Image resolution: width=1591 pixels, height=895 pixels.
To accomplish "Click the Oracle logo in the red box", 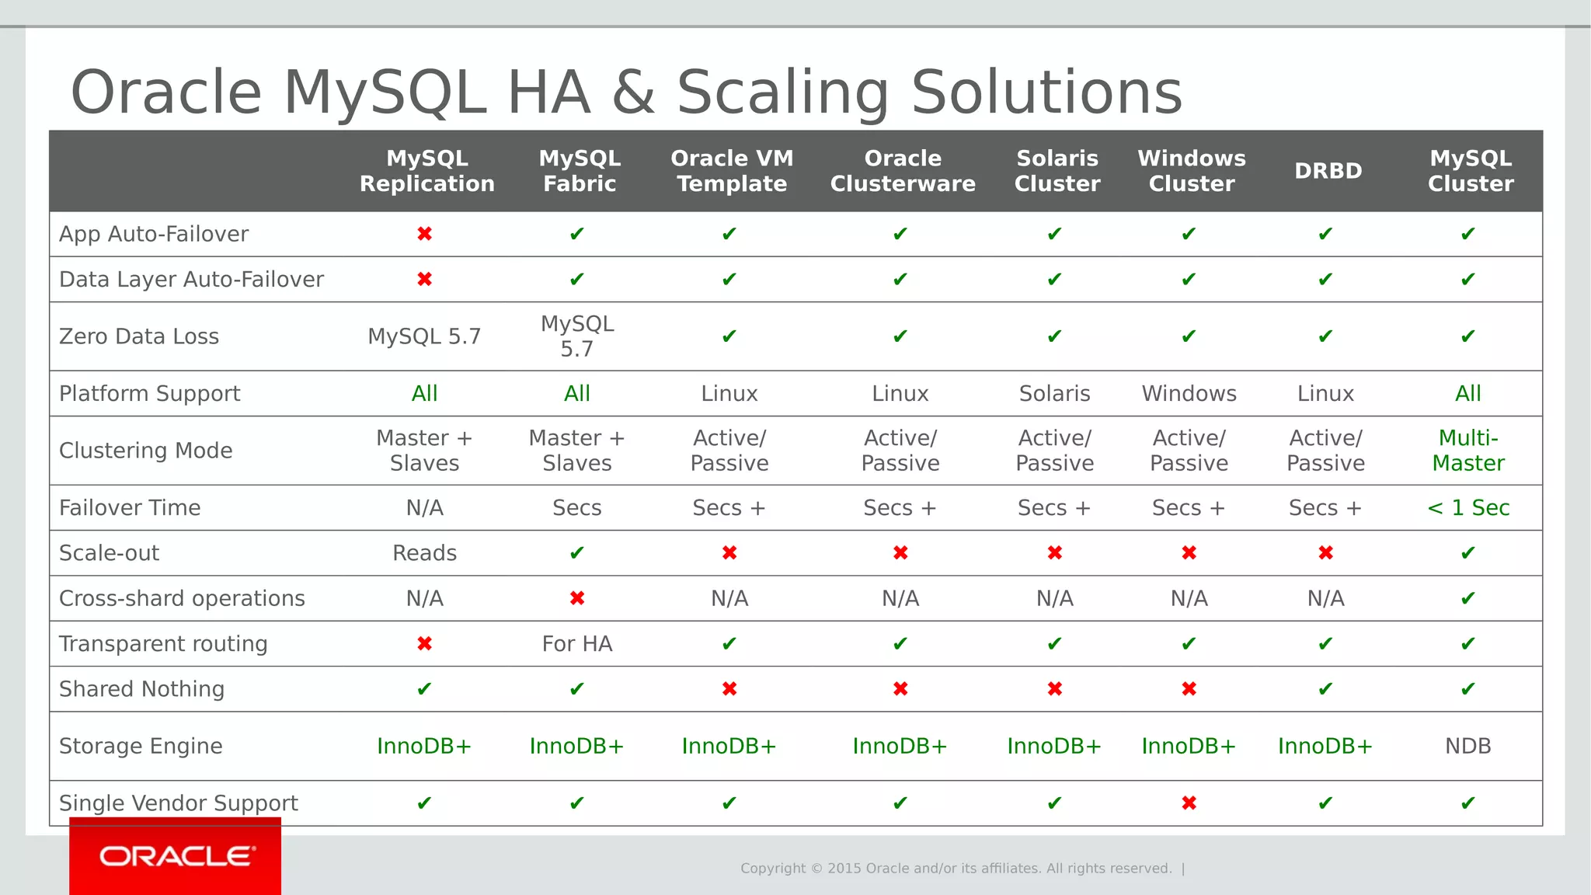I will tap(176, 856).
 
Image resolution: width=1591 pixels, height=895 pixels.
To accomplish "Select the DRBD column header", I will tap(1328, 171).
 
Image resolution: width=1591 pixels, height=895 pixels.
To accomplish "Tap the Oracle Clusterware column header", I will tap(902, 171).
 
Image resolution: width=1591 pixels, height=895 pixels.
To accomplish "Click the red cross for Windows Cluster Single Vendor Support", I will tap(1189, 803).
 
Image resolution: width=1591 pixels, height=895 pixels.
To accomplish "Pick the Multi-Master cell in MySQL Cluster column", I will tap(1467, 451).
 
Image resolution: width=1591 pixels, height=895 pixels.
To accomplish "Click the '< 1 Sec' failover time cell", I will tap(1467, 507).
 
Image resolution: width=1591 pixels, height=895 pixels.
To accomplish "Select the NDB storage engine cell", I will tap(1467, 746).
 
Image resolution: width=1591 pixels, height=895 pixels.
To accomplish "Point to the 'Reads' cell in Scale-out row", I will tap(424, 553).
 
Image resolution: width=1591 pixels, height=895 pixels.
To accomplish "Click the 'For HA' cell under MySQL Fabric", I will tap(576, 643).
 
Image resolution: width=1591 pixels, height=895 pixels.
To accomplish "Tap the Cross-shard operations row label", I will tap(182, 598).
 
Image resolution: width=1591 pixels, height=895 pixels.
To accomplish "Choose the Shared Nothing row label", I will tap(141, 689).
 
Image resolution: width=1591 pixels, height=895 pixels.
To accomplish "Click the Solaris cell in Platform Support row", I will tap(1054, 393).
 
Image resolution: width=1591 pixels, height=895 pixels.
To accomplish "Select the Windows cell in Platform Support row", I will tap(1189, 393).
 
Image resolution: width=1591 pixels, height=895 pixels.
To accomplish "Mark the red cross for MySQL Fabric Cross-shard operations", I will tap(576, 598).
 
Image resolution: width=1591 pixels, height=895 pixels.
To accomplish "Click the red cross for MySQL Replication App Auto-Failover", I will tap(424, 234).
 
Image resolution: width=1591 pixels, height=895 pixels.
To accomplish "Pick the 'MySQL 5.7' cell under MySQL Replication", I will tap(424, 336).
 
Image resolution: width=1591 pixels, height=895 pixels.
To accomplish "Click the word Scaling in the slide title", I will tap(782, 92).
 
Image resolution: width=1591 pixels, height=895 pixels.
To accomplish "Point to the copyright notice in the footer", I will tap(956, 868).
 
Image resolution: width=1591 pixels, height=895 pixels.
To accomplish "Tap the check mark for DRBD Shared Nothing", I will tap(1325, 689).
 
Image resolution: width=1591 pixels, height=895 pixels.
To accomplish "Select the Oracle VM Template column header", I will tap(732, 171).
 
